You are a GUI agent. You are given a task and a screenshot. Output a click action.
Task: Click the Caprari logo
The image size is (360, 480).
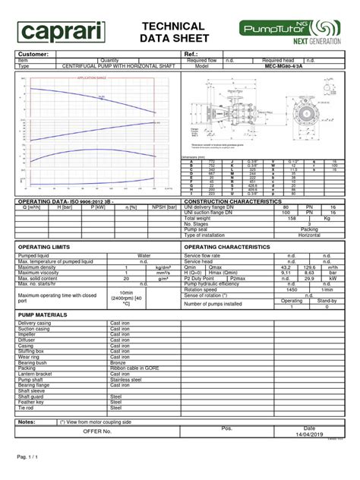(62, 31)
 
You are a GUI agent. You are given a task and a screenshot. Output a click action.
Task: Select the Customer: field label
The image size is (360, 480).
(34, 55)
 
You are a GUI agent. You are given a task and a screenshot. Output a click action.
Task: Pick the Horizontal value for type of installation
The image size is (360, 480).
(308, 235)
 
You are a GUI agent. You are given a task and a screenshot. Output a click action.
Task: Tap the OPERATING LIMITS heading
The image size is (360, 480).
(46, 247)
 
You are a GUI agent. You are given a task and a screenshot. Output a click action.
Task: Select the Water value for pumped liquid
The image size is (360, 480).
(144, 256)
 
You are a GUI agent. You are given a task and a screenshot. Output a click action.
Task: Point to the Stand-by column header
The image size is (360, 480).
(327, 300)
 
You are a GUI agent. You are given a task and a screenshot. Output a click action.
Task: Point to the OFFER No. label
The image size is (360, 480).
(97, 431)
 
